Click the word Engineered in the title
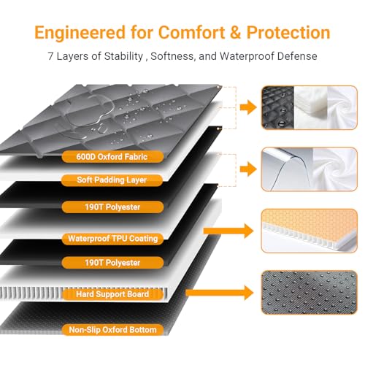point(80,33)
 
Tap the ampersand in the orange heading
point(235,32)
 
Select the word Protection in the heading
point(288,32)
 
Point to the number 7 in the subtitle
point(50,56)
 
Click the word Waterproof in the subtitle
point(247,56)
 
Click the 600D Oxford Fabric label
point(112,157)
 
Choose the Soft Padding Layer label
point(112,180)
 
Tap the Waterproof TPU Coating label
point(112,239)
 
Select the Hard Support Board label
point(112,294)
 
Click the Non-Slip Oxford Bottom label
point(112,330)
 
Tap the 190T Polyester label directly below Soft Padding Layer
point(112,207)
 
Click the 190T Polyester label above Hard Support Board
point(112,263)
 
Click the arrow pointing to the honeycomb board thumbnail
point(228,231)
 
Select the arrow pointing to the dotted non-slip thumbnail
point(219,293)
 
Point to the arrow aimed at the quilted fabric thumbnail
point(248,107)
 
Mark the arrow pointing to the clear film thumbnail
point(248,169)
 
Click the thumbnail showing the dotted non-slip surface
point(310,292)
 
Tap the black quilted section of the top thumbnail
point(278,107)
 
